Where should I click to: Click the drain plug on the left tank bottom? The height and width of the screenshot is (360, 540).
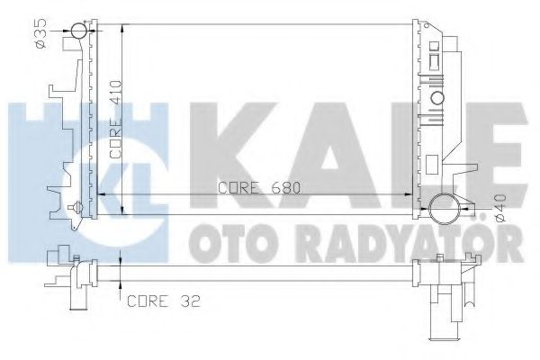(79, 208)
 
